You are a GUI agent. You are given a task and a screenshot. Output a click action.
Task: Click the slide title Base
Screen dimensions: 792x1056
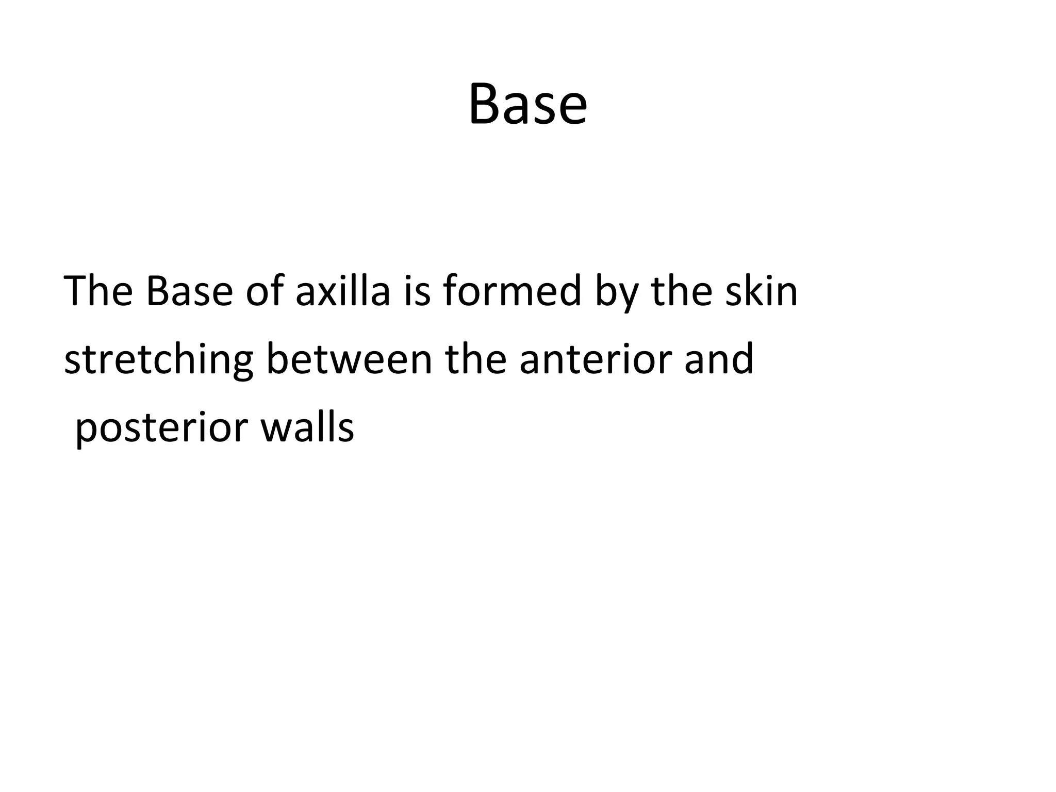(527, 105)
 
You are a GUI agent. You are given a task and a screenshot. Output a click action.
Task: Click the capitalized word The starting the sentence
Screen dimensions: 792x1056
(98, 291)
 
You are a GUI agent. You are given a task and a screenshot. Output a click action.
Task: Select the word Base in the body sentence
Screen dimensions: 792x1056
(189, 291)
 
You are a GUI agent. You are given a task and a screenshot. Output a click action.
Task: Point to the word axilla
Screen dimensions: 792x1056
(342, 291)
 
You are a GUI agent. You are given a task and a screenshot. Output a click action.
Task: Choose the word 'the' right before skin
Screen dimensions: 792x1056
(681, 291)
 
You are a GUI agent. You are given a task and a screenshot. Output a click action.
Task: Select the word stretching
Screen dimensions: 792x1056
(158, 360)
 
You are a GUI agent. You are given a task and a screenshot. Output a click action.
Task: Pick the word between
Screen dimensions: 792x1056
(349, 359)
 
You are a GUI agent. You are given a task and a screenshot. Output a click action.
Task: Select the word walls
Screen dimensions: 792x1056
(307, 428)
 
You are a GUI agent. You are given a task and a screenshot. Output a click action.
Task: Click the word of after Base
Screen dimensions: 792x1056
(265, 291)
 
